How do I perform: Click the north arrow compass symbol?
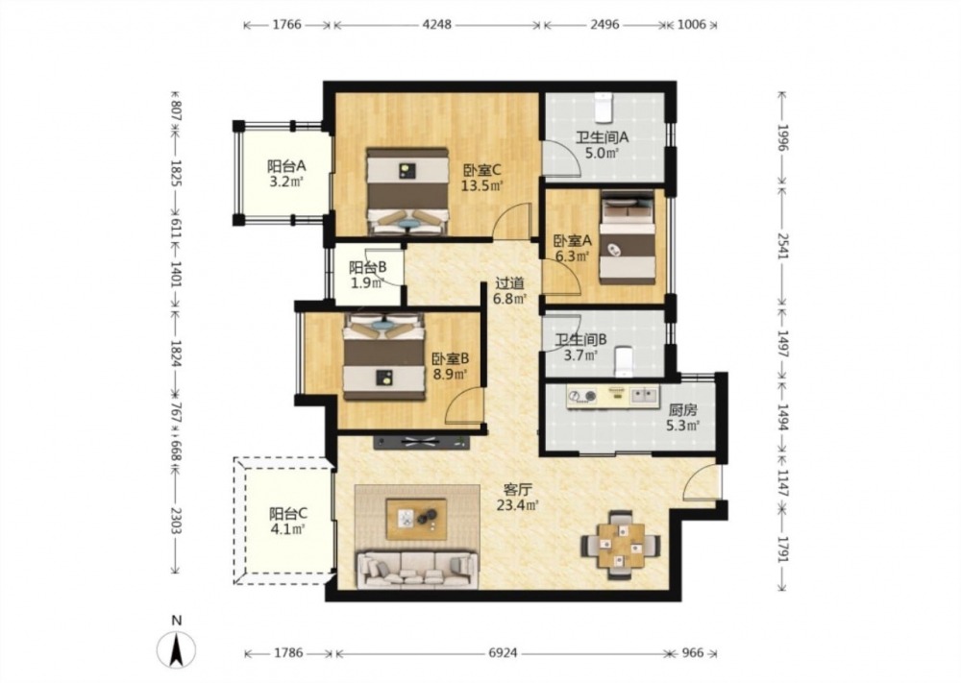coord(177,648)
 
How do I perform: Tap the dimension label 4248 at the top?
coord(437,25)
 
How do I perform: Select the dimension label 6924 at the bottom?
coord(503,653)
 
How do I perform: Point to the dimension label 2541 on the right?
coord(782,245)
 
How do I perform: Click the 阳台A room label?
coord(286,166)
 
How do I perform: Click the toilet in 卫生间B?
coord(624,361)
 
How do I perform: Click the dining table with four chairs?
coord(621,545)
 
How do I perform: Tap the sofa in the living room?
coord(418,569)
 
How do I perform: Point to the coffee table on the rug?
coord(416,520)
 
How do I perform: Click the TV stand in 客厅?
coord(422,442)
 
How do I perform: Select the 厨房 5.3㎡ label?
coord(682,417)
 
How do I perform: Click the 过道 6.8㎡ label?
coord(510,291)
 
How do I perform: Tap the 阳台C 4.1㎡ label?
coord(288,521)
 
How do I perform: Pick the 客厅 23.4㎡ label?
coord(518,498)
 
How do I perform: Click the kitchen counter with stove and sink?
coord(613,397)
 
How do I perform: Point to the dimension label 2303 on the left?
coord(177,521)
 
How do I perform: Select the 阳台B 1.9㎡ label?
coord(367,275)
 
